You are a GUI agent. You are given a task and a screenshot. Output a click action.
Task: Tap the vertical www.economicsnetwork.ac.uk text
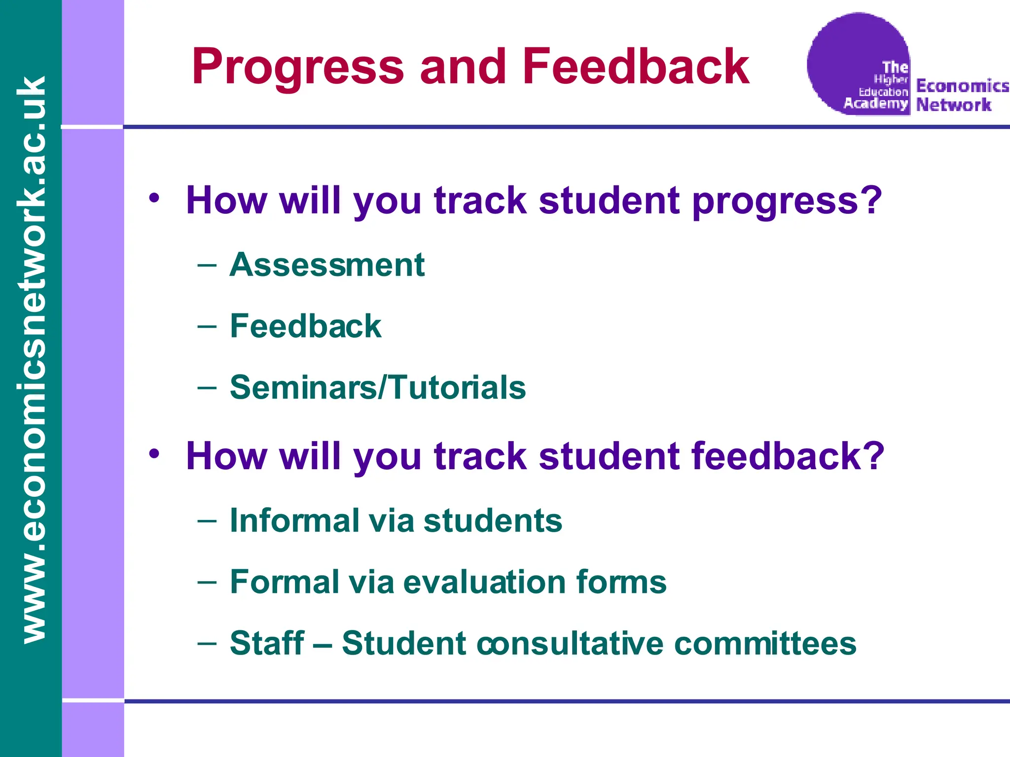tap(31, 360)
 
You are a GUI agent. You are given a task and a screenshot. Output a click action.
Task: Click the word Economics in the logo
tap(962, 86)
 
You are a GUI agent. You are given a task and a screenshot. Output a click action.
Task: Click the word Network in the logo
tap(953, 105)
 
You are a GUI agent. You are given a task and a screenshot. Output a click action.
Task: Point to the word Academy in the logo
tap(875, 103)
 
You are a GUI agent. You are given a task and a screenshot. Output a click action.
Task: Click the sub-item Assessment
tap(327, 265)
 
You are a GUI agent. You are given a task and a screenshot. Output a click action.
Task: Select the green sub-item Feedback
tap(305, 326)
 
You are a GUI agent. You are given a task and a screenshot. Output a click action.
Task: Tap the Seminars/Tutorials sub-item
tap(378, 387)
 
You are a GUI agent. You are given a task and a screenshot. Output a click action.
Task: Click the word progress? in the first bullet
tap(787, 201)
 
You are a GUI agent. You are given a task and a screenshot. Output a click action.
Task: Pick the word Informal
tap(294, 520)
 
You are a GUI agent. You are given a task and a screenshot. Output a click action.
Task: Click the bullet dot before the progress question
tap(154, 198)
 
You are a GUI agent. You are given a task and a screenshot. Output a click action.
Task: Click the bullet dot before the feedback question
tap(154, 453)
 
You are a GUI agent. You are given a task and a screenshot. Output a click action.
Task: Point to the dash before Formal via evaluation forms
tap(207, 582)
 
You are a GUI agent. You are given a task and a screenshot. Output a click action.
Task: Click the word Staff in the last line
tap(267, 643)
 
